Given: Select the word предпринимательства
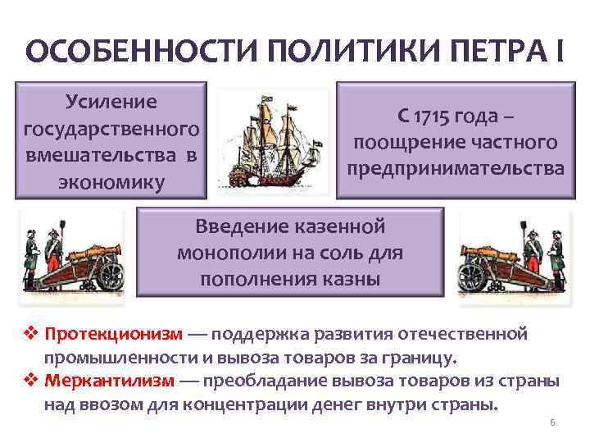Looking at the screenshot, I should coord(455,169).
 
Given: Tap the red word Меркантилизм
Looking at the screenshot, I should coord(110,381).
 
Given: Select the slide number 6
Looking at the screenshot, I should coord(552,422).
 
